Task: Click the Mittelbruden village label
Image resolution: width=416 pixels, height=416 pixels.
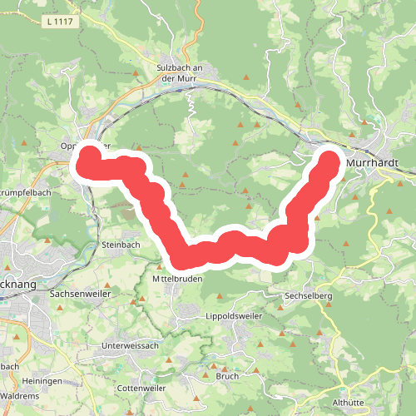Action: point(180,280)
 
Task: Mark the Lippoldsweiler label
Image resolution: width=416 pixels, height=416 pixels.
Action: point(234,317)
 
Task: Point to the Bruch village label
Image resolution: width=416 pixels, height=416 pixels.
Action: point(227,376)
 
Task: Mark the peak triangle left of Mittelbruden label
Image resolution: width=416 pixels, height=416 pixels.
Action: point(160,267)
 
